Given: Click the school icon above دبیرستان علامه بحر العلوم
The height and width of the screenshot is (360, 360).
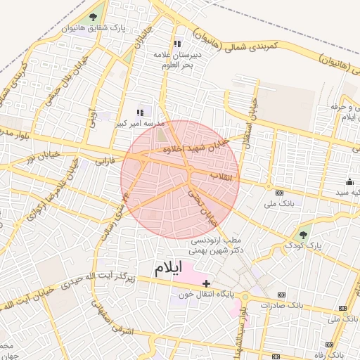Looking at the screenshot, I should tap(177, 44).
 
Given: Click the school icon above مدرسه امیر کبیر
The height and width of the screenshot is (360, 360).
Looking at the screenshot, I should tap(140, 112).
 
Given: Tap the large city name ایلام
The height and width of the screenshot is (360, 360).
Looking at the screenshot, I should tap(168, 268).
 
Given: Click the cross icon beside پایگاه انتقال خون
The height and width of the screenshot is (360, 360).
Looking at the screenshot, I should tap(206, 283).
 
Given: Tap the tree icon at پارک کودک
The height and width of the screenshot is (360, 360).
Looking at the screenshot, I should tap(303, 234).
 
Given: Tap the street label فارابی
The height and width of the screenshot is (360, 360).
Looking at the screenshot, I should tap(103, 162).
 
